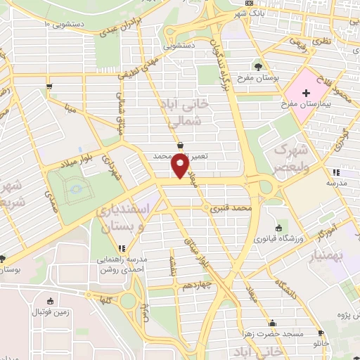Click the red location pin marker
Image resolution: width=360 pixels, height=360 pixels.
pyautogui.click(x=180, y=166)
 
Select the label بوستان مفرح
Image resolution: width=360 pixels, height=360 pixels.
pyautogui.click(x=259, y=77)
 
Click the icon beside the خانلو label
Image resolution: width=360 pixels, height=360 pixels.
pyautogui.click(x=321, y=333)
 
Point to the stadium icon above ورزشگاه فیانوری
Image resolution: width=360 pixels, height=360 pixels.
pyautogui.click(x=279, y=228)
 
